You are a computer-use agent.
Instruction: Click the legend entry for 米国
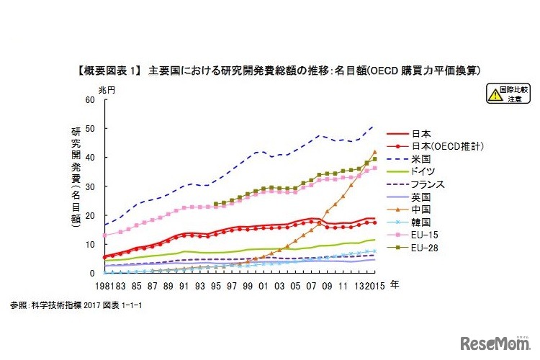click(421, 158)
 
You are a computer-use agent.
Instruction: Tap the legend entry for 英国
click(421, 196)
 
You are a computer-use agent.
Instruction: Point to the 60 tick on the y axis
click(90, 99)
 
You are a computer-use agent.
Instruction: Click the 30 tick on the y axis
click(90, 186)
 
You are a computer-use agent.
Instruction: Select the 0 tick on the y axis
click(93, 274)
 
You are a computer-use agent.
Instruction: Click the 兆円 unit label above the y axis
click(106, 89)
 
